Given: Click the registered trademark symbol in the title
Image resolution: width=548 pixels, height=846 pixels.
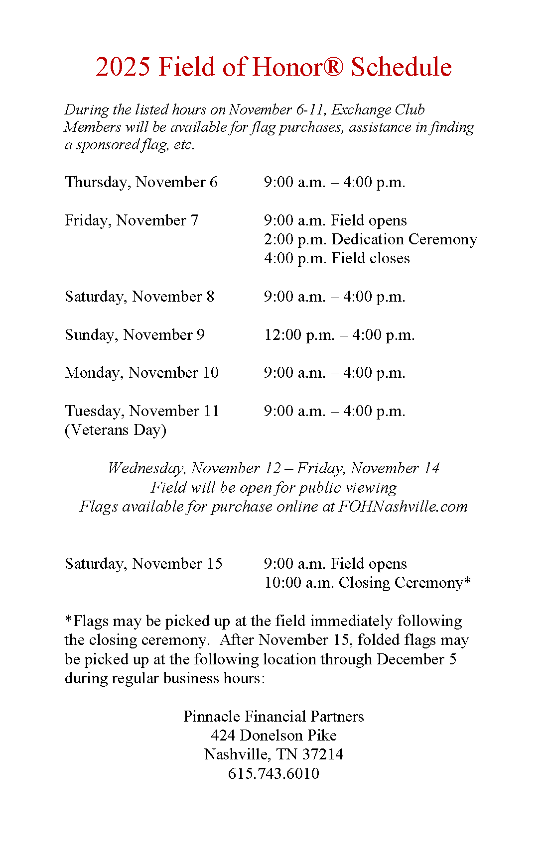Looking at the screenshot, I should click(x=333, y=66).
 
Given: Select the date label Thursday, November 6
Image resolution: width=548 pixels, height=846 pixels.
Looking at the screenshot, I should click(x=141, y=182).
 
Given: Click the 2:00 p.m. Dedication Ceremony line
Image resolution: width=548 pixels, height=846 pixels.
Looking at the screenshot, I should click(x=370, y=239).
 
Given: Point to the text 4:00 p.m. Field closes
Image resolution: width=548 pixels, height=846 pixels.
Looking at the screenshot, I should click(x=337, y=258).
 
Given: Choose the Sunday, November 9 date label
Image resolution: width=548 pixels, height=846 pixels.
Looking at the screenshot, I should click(x=135, y=335).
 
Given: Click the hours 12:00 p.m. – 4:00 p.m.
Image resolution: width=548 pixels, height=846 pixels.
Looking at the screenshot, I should click(x=339, y=335).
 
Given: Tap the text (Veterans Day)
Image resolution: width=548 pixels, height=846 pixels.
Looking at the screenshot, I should click(x=116, y=430).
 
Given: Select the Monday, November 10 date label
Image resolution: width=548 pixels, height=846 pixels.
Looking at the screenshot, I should click(x=141, y=373).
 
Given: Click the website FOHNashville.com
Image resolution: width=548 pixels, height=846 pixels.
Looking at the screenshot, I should click(x=403, y=507).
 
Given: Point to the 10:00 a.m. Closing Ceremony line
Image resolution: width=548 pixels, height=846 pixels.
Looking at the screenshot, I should click(x=367, y=583).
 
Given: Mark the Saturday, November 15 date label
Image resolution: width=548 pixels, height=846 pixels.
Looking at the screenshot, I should click(x=143, y=564).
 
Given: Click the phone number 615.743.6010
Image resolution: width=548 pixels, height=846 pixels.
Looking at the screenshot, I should click(x=274, y=774).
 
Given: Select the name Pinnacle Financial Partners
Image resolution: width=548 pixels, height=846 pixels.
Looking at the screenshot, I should click(x=274, y=717).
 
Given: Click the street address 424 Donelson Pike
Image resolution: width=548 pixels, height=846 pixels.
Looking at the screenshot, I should click(x=274, y=736).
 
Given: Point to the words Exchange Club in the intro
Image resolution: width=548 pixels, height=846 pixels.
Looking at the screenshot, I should click(x=378, y=109).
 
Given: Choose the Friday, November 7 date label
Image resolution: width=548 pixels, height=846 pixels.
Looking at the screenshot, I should click(x=132, y=220).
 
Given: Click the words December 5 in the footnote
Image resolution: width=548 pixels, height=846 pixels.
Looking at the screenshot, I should click(x=416, y=659).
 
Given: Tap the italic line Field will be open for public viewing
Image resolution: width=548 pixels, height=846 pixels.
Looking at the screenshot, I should click(x=274, y=488).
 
